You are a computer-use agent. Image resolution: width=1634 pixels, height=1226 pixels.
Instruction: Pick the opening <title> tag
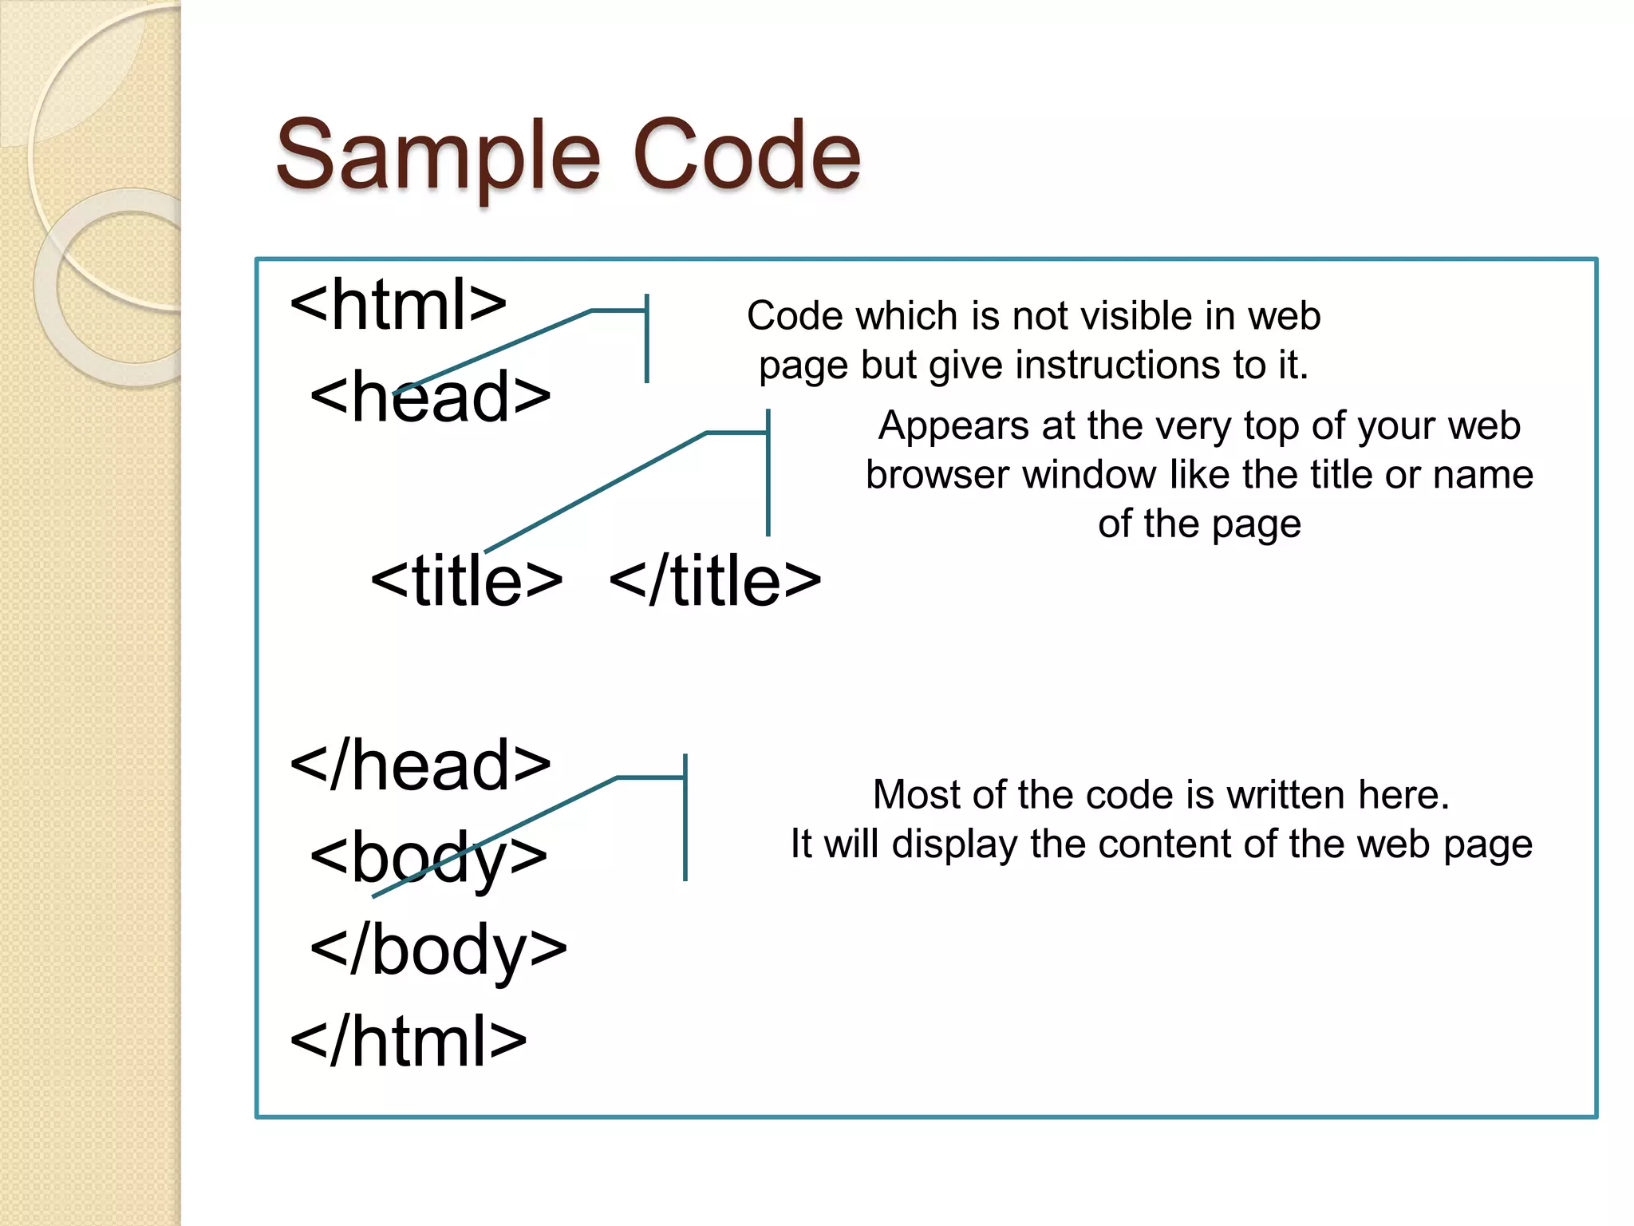coord(467,580)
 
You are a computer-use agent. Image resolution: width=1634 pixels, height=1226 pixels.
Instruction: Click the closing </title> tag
coord(715,580)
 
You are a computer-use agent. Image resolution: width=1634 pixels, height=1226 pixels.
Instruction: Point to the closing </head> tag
coord(420,765)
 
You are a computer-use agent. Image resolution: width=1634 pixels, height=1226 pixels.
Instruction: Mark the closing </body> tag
coord(438,950)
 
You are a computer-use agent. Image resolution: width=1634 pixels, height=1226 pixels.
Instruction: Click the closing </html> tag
coord(408,1042)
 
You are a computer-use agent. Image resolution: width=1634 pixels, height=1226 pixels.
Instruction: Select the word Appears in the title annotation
coord(953,426)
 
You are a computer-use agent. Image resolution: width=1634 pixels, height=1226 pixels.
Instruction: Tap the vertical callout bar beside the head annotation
coord(647,339)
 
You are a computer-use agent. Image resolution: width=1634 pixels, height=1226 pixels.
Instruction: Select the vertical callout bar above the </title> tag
coord(768,473)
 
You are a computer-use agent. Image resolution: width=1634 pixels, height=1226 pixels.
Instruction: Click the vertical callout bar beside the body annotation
coord(685,817)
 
